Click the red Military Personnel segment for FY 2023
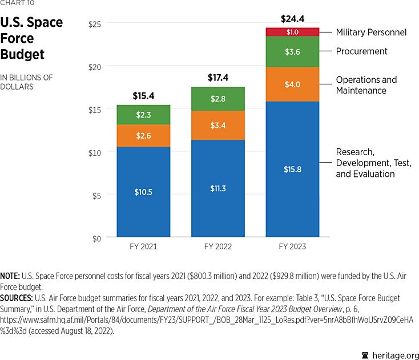click(292, 31)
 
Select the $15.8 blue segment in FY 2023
click(292, 169)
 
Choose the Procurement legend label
click(361, 51)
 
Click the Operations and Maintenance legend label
click(366, 85)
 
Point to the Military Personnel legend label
click(371, 33)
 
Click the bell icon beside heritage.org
click(365, 354)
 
